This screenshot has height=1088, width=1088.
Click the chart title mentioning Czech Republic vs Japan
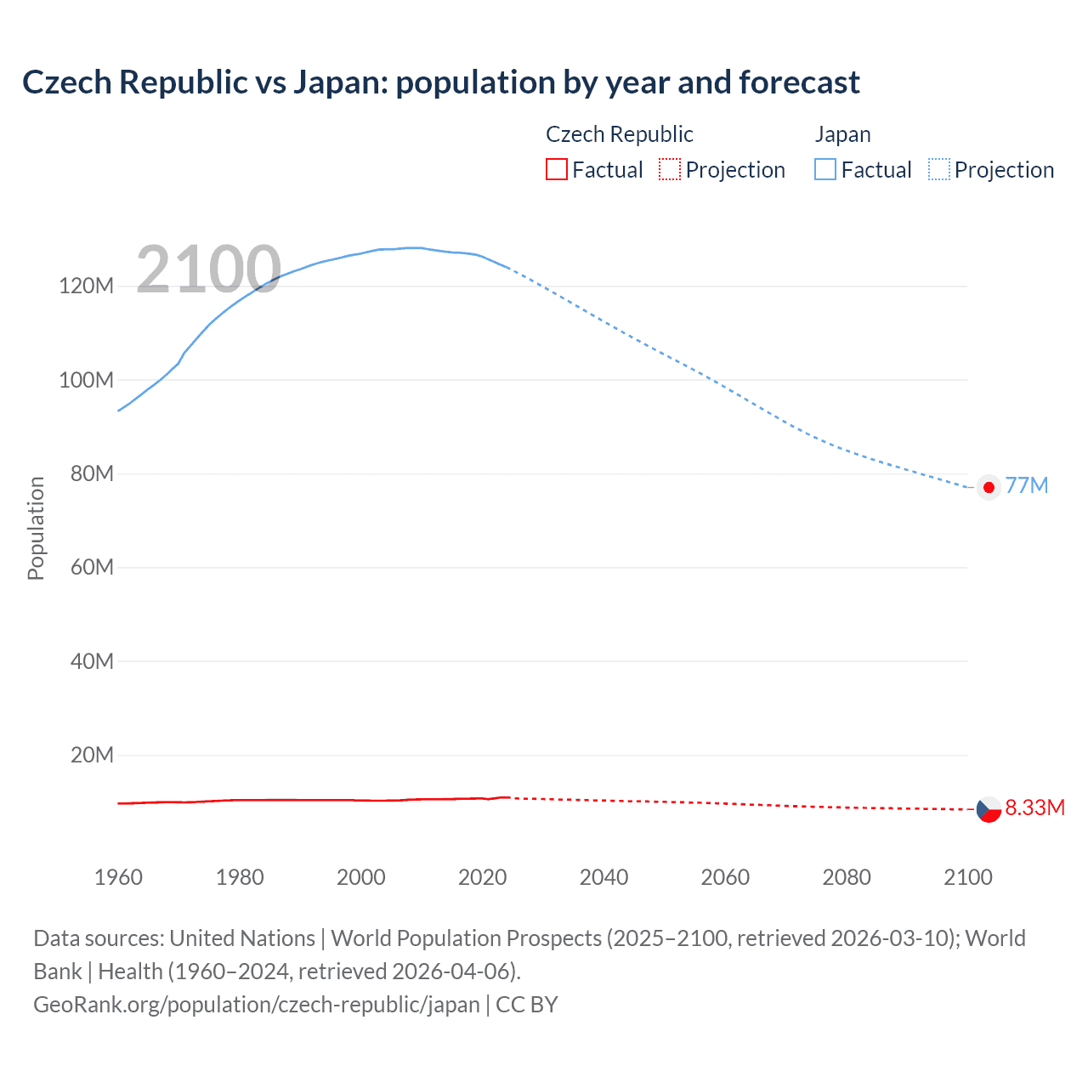click(x=440, y=82)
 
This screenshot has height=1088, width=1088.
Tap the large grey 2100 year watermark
click(x=208, y=269)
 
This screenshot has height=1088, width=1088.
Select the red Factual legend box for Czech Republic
click(x=556, y=170)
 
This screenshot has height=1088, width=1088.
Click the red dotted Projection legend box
click(x=670, y=170)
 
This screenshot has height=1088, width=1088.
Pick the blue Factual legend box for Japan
click(x=824, y=170)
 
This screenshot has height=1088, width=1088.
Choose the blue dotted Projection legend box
click(x=938, y=170)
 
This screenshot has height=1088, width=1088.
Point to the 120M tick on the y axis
click(x=86, y=286)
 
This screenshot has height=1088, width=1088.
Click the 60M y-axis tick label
click(x=91, y=567)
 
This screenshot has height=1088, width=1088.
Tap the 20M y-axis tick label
click(x=91, y=755)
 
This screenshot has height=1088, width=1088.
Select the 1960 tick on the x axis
click(x=118, y=877)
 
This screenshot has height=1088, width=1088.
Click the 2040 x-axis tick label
click(x=603, y=877)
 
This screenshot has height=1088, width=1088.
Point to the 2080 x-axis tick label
click(x=847, y=877)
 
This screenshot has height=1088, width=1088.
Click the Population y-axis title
click(x=36, y=528)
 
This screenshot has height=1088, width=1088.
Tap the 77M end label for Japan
click(x=1026, y=485)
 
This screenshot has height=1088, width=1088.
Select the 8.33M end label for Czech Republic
click(x=1034, y=807)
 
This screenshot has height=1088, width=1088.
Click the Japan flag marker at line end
click(x=989, y=487)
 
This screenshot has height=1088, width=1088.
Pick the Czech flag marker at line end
click(x=989, y=809)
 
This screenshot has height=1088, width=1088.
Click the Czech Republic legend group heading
click(x=619, y=134)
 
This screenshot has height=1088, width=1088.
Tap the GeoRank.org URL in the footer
click(x=256, y=1005)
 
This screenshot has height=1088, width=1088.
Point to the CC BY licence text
click(x=527, y=1005)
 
